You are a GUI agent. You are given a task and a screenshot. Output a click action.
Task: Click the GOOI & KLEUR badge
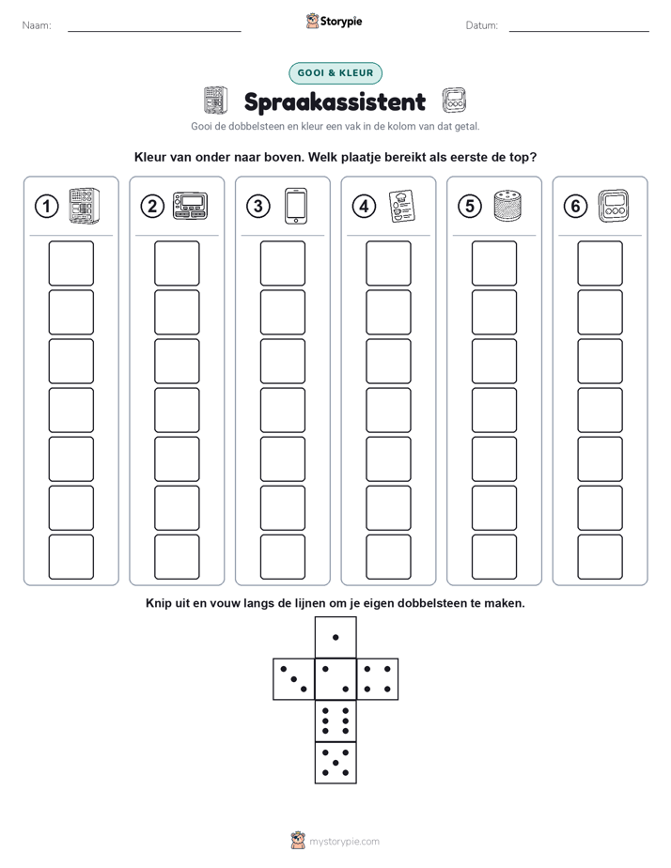coord(335,73)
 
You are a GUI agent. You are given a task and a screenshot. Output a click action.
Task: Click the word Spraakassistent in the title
coord(335,101)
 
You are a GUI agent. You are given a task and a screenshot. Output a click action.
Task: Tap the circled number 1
coord(46,207)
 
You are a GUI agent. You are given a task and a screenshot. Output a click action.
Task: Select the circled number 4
coord(364,207)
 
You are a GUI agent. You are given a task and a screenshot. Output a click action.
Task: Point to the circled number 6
coord(575,207)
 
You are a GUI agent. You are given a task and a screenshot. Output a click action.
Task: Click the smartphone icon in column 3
coord(296,206)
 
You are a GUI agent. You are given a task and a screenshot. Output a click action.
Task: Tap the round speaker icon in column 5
coord(507,206)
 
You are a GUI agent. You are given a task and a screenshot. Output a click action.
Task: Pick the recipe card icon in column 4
coord(402,206)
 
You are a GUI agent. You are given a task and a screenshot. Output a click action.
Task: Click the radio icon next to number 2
coord(190,206)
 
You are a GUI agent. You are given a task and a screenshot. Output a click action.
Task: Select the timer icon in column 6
coord(614,206)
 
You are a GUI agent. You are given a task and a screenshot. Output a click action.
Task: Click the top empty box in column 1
coord(70,263)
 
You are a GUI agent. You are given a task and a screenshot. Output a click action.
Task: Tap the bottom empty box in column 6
coord(600,557)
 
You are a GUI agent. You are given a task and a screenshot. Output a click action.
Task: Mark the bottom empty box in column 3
coord(282,557)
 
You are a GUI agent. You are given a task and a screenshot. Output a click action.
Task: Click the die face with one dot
coord(335,638)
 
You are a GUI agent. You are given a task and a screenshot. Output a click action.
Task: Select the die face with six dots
coord(335,721)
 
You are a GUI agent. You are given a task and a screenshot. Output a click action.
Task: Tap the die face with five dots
coord(335,763)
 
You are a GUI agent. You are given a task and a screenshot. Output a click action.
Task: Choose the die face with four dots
coord(378,679)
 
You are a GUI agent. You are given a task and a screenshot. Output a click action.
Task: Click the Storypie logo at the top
coord(334,21)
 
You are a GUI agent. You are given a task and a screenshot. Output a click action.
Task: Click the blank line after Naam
coord(154,31)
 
